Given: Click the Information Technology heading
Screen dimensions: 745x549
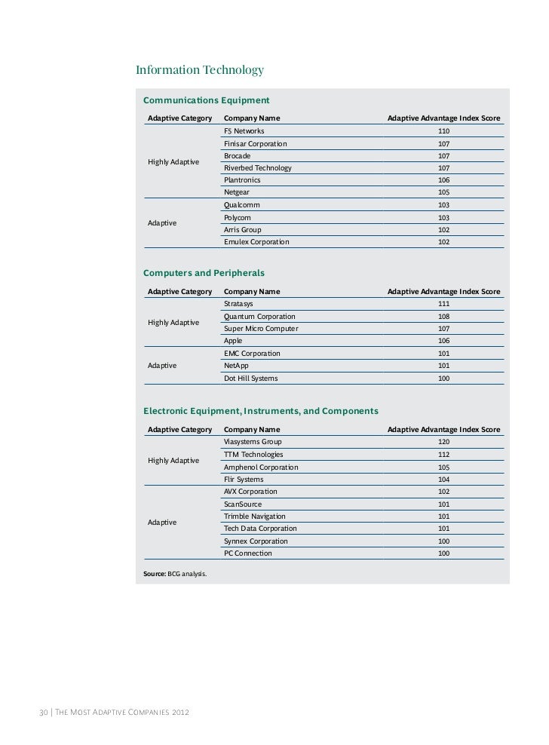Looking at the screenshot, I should coord(199,71).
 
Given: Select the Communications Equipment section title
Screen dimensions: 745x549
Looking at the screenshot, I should coord(206,100).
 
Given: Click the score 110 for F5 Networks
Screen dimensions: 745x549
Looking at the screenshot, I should coord(443,131).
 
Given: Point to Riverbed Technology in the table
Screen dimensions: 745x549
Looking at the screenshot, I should coord(257,168).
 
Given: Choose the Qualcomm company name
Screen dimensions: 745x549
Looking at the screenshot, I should coord(243,205).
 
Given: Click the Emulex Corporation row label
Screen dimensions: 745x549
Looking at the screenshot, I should coord(256,242).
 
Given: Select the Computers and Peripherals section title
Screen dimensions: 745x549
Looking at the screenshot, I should coord(204,273).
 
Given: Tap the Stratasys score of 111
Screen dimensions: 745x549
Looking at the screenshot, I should coord(443,304).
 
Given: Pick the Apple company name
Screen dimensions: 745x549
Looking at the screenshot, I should coord(233,341).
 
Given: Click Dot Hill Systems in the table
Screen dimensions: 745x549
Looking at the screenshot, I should coord(250,378).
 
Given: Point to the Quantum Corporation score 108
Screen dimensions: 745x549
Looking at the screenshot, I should coord(443,317).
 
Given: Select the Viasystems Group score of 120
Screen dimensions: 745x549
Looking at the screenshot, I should coord(443,442).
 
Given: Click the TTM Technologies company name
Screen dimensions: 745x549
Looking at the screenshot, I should coord(253,455).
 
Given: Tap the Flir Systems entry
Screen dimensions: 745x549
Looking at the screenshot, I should coord(244,480).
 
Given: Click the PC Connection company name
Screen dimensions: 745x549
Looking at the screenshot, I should coord(248,553).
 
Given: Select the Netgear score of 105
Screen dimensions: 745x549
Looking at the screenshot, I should coord(443,192).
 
